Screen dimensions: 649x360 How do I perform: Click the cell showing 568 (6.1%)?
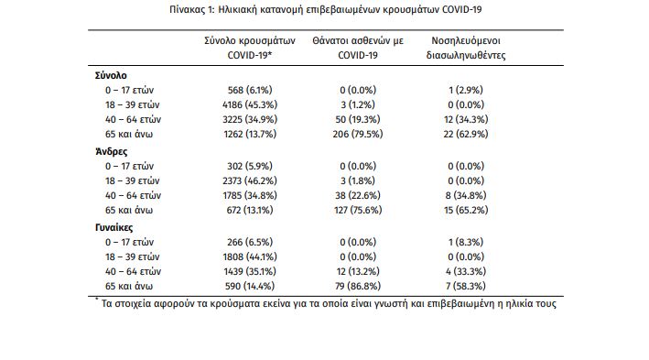[x=250, y=90]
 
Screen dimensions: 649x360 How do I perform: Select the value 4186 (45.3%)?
[x=250, y=104]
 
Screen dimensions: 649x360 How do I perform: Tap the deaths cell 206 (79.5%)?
[x=358, y=135]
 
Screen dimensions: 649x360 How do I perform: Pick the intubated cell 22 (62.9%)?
[x=466, y=135]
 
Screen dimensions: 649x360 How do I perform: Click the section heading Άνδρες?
[x=112, y=152]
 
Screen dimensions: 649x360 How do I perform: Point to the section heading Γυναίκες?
[x=114, y=227]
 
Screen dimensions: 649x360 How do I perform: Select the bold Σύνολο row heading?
[x=111, y=75]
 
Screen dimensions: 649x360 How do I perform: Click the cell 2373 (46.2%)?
[x=250, y=180]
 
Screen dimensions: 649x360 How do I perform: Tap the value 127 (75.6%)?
[x=358, y=210]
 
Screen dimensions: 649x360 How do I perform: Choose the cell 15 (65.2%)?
[x=466, y=210]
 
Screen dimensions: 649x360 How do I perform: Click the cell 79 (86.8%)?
[x=358, y=287]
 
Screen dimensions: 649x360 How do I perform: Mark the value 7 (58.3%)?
[x=466, y=287]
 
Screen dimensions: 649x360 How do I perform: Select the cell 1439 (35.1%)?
[x=250, y=271]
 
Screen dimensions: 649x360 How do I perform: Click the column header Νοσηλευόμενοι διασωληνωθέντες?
[x=466, y=48]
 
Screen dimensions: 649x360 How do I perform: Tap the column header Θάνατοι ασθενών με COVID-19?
[x=358, y=48]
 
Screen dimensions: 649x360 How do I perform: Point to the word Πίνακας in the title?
[x=187, y=9]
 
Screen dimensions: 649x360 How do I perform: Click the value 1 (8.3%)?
[x=466, y=242]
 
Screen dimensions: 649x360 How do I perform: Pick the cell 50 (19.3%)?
[x=358, y=119]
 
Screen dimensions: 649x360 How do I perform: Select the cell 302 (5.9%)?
[x=250, y=166]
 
